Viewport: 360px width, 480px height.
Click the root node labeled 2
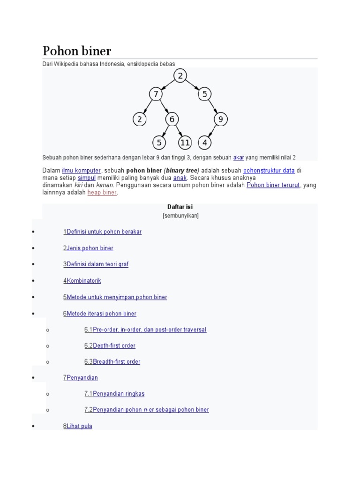tap(180, 75)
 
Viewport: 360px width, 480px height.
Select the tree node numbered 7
tap(156, 95)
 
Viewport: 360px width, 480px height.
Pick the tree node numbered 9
tap(221, 120)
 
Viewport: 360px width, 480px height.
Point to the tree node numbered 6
tap(172, 120)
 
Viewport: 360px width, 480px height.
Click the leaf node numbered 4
tap(205, 142)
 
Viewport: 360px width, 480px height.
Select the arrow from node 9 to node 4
tap(213, 131)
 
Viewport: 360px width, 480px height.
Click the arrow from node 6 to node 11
tap(178, 131)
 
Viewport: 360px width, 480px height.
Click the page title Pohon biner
tap(77, 51)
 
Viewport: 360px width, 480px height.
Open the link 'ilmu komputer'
tap(81, 171)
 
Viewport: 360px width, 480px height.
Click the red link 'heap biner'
tap(102, 192)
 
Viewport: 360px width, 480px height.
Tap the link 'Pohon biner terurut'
tap(273, 185)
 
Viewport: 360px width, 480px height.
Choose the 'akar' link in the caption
tap(239, 157)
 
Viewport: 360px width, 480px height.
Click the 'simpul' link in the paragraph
tap(87, 178)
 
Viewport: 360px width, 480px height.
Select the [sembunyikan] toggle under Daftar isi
tap(180, 216)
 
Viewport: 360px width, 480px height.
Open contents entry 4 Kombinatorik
tap(82, 281)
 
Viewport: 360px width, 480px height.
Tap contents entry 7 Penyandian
tap(81, 377)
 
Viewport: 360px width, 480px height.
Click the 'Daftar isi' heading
tap(180, 207)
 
